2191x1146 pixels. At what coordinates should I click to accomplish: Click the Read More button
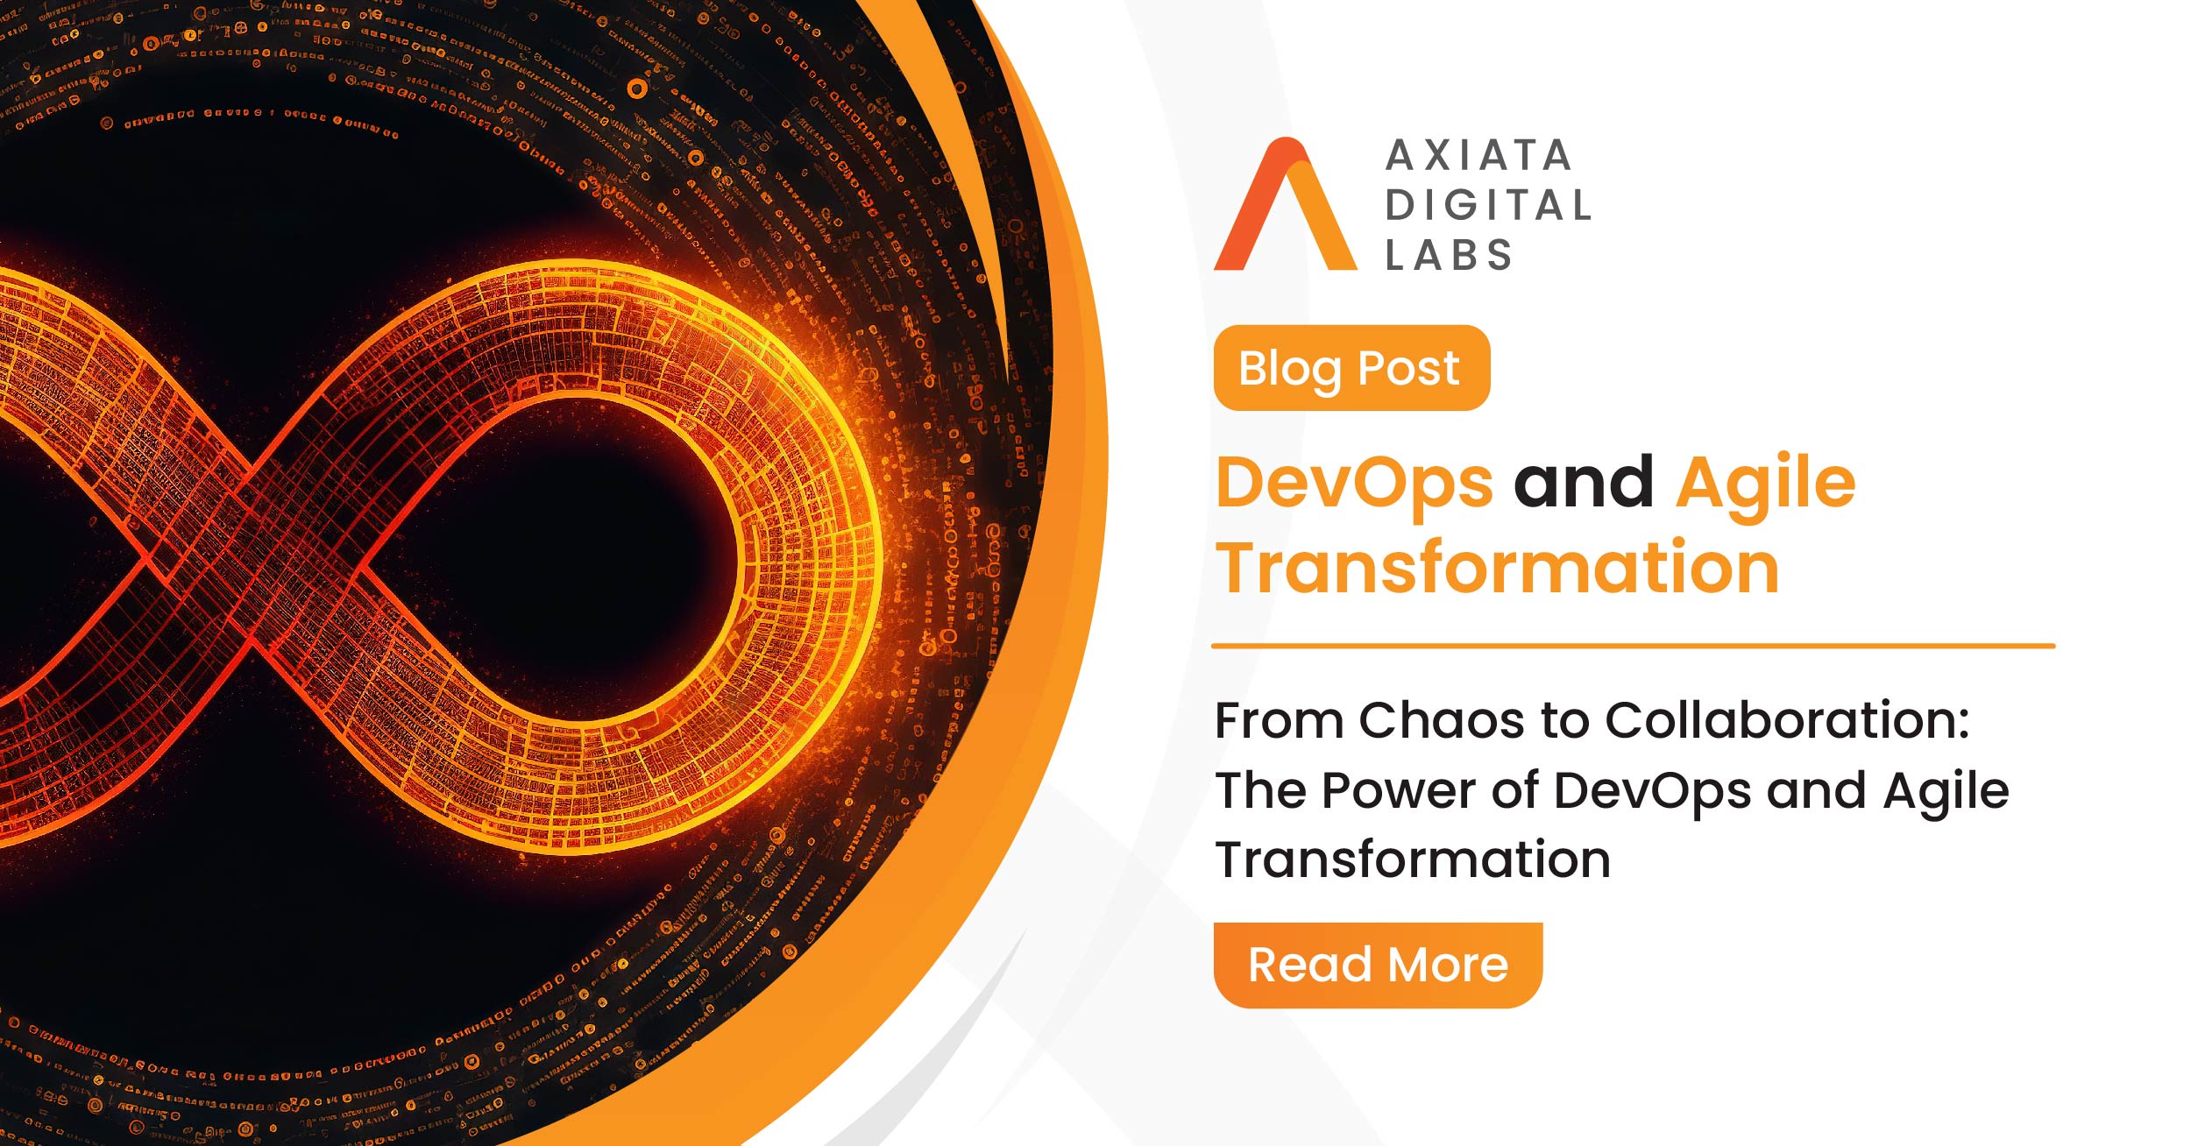click(x=1378, y=965)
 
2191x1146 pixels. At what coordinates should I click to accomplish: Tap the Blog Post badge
click(x=1351, y=368)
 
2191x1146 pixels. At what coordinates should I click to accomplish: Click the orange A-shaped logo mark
click(x=1285, y=203)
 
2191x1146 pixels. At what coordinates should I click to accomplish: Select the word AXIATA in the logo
click(x=1478, y=156)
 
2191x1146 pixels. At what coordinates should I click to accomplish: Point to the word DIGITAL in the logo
click(x=1487, y=205)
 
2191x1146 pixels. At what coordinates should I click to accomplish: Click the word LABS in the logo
click(x=1449, y=255)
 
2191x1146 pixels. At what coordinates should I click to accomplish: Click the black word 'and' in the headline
click(x=1584, y=482)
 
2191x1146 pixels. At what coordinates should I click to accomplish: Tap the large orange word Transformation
click(x=1498, y=568)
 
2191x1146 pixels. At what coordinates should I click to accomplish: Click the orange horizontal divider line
click(x=1633, y=646)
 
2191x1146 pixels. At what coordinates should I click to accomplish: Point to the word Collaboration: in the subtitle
click(x=1788, y=720)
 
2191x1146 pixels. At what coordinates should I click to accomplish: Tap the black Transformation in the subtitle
click(x=1413, y=859)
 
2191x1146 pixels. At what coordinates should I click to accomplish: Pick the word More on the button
click(x=1448, y=965)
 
